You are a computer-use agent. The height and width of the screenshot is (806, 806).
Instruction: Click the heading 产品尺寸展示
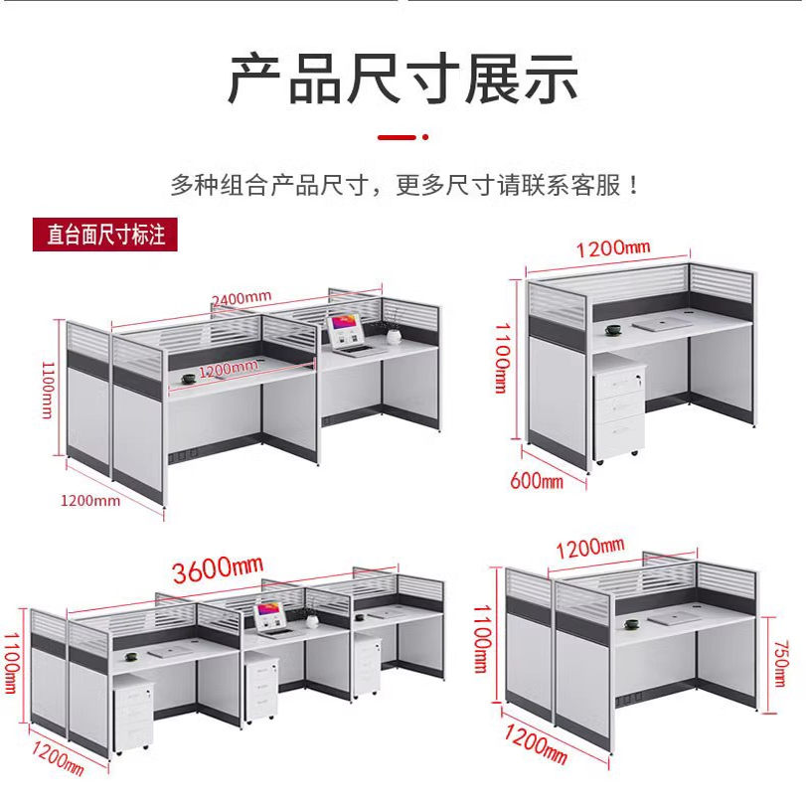click(x=403, y=79)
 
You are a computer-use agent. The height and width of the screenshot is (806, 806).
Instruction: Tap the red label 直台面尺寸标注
click(x=105, y=236)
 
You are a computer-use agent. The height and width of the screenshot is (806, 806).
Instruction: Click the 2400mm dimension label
click(x=241, y=297)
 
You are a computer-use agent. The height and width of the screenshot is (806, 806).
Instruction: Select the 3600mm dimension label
click(x=218, y=568)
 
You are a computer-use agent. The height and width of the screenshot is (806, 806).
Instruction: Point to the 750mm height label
click(x=780, y=657)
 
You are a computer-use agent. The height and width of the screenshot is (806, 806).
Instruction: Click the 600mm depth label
click(x=536, y=481)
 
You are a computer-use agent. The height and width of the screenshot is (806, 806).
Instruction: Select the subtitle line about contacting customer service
click(x=403, y=185)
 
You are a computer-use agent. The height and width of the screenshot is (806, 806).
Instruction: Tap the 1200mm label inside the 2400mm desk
click(x=228, y=369)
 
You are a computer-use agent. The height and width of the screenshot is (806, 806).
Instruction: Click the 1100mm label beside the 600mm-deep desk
click(x=503, y=357)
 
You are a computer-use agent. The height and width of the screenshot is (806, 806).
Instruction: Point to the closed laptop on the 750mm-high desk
click(x=677, y=617)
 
